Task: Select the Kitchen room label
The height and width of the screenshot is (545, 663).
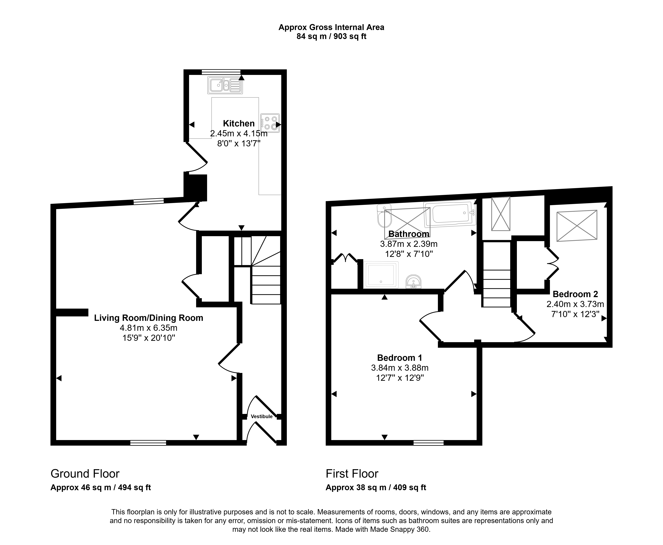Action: [x=239, y=123]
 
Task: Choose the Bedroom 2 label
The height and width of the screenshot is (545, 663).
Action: [x=575, y=294]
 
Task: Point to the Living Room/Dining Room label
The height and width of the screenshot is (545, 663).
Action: [x=149, y=318]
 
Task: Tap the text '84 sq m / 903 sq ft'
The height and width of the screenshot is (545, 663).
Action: [x=332, y=36]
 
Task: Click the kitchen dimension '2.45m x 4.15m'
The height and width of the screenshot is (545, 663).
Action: [x=239, y=133]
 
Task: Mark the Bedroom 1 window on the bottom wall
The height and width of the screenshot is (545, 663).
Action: [x=428, y=443]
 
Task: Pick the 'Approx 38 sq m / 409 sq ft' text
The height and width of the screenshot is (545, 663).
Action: [x=376, y=487]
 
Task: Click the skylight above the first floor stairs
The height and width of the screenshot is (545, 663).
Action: [x=501, y=214]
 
